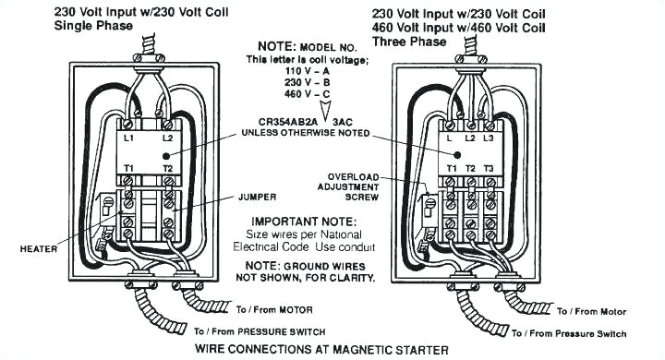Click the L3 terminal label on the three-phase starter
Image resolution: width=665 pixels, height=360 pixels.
click(x=489, y=138)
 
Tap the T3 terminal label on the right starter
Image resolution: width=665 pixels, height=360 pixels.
click(x=490, y=170)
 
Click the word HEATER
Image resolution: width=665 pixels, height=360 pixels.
click(x=39, y=248)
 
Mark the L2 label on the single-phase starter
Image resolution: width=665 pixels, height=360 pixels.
click(x=167, y=138)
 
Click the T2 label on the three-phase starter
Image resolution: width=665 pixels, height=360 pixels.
click(x=470, y=170)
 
